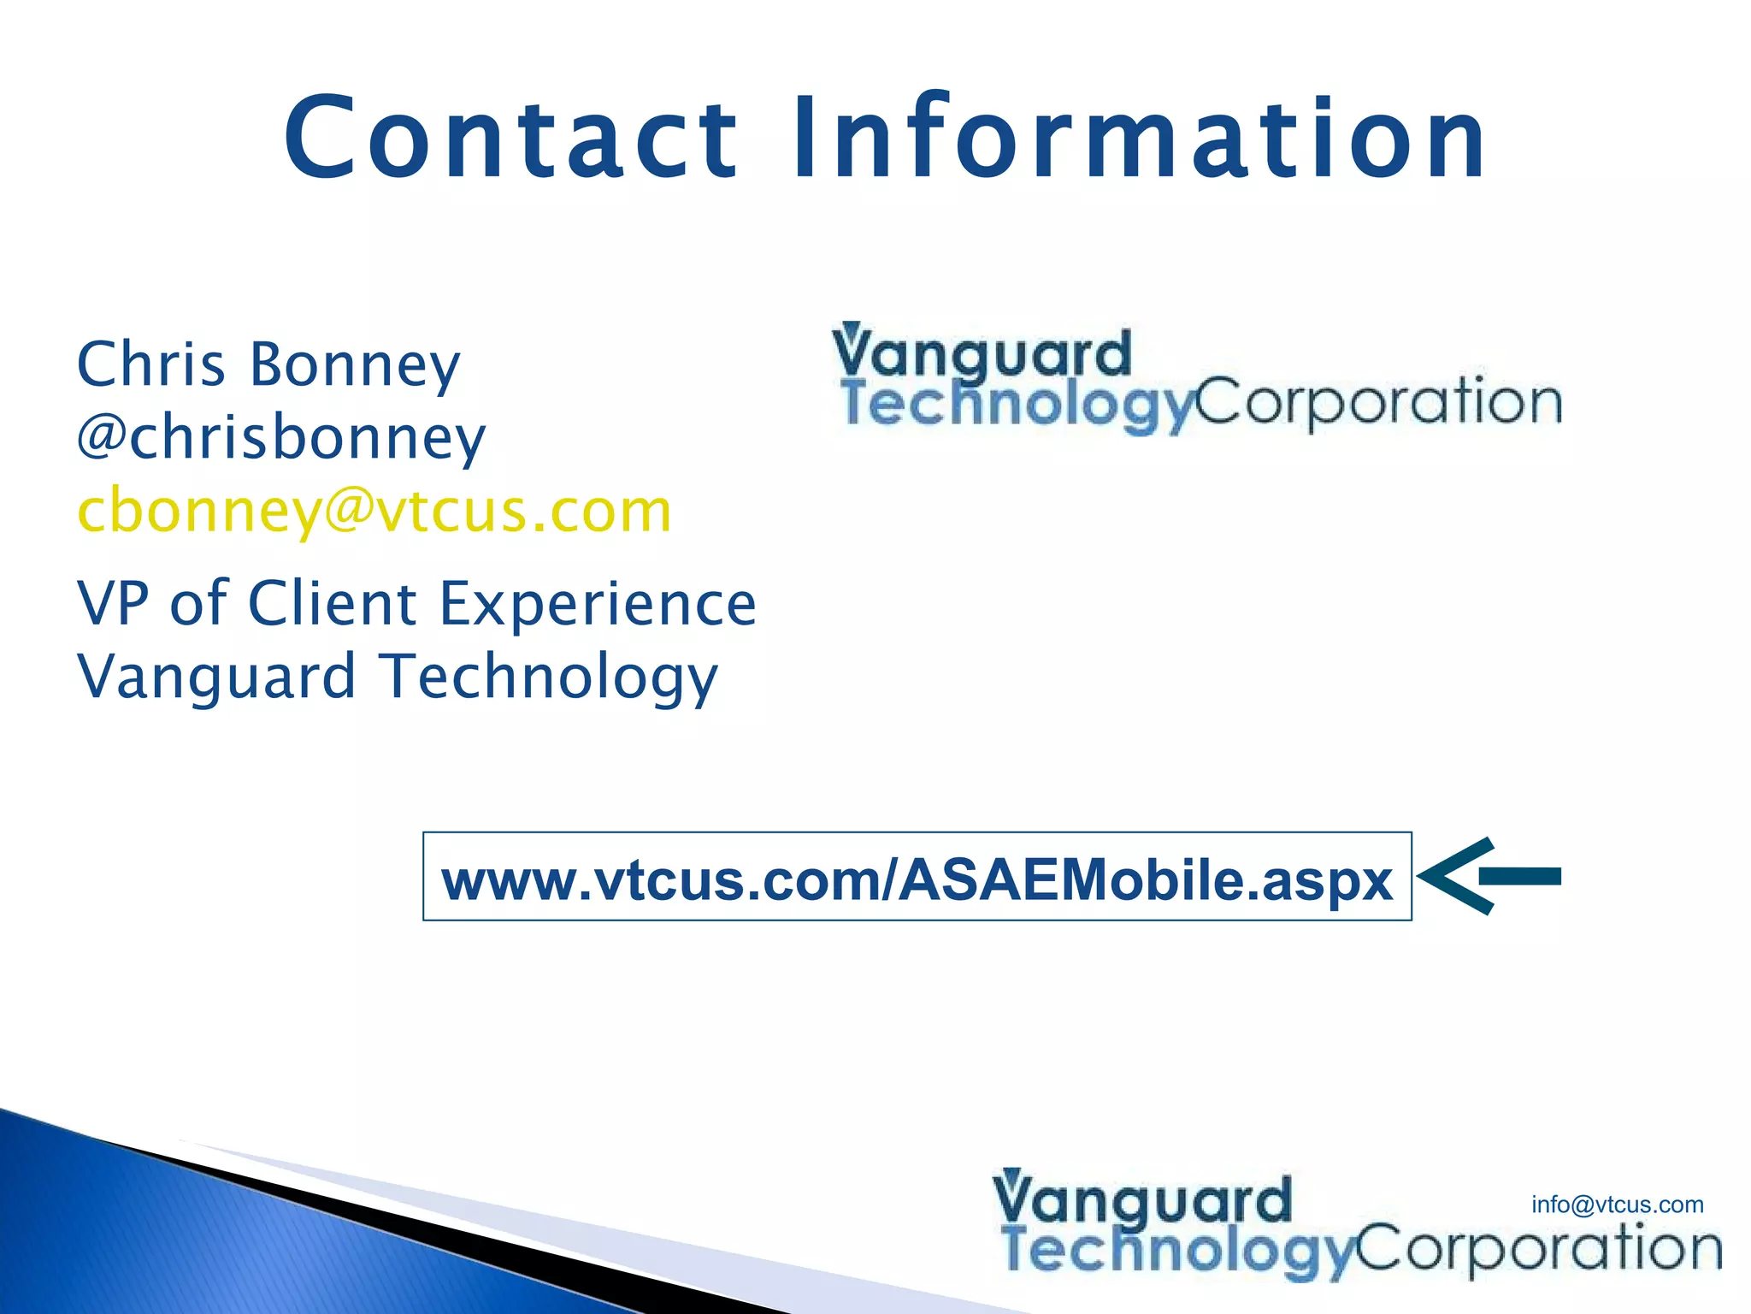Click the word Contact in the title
tap(510, 139)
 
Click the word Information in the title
tap(1140, 139)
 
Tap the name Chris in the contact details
tap(151, 365)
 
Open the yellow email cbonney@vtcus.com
tap(374, 512)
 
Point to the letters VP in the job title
tap(110, 603)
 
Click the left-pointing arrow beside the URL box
tap(1490, 876)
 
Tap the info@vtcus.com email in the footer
tap(1617, 1204)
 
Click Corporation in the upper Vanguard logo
tap(1378, 402)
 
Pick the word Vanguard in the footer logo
tap(1142, 1200)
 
